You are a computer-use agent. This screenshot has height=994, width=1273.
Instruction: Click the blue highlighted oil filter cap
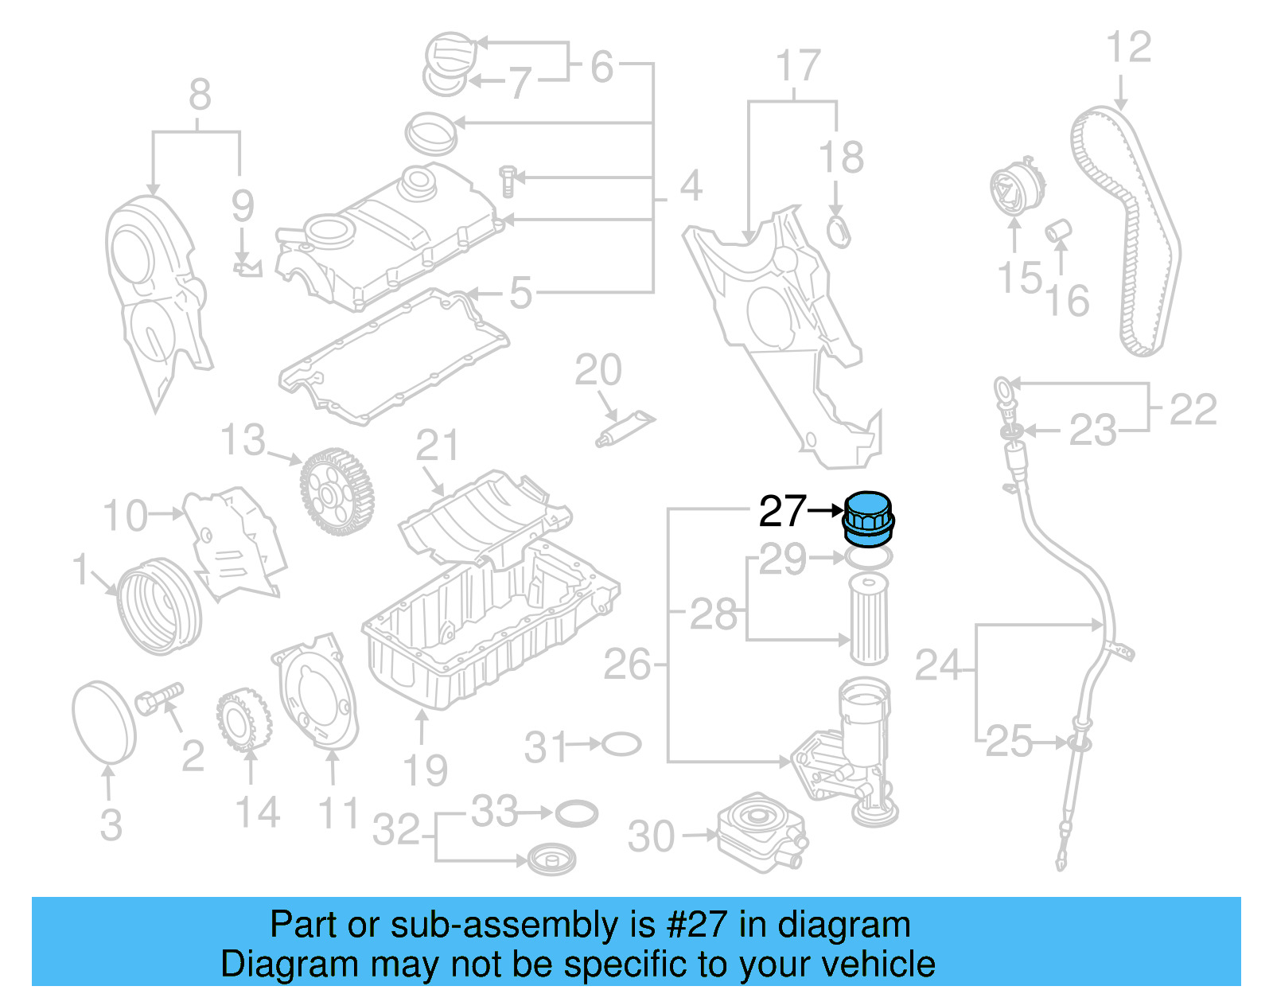pos(868,520)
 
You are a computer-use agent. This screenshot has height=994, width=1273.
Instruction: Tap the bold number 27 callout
pos(782,512)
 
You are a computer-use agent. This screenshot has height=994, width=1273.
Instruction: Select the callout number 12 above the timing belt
pos(1128,48)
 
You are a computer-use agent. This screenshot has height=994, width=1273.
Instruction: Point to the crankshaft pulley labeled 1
pos(159,606)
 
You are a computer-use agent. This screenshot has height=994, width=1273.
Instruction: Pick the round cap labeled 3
pos(104,722)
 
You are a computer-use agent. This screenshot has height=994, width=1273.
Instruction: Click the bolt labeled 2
pos(159,699)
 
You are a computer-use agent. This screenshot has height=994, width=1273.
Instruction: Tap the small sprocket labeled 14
pos(243,721)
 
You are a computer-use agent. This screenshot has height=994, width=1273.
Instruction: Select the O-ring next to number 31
pos(621,745)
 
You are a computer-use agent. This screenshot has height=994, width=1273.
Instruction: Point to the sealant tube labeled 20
pos(625,427)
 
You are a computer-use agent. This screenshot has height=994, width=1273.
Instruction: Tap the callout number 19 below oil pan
pos(425,770)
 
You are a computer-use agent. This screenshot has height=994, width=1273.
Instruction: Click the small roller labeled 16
pos(1058,232)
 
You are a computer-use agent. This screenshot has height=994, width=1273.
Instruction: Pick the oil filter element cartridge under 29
pos(868,619)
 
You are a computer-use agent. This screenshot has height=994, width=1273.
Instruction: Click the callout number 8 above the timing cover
pos(200,95)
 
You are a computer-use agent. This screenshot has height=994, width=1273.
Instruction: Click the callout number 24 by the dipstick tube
pos(939,665)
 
